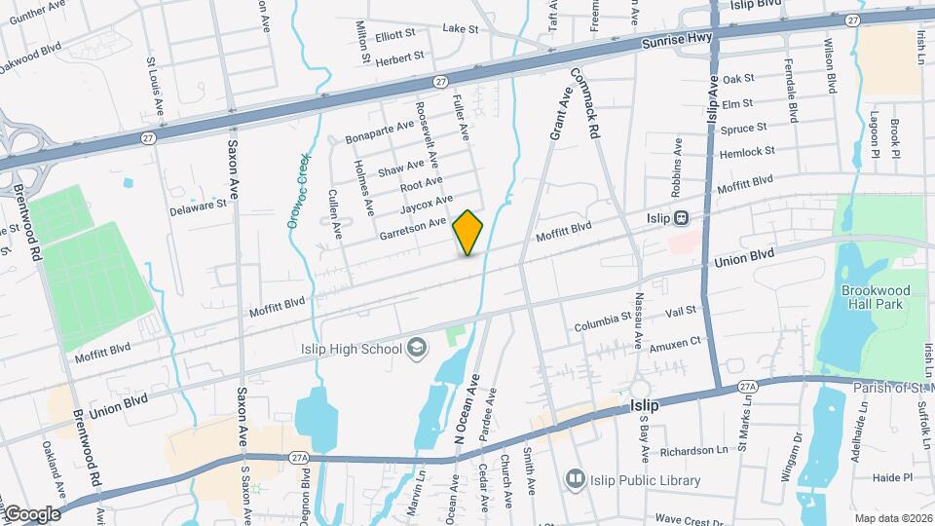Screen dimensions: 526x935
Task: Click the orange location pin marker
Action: pos(468,232)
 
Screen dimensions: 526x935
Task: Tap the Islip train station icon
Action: pos(683,218)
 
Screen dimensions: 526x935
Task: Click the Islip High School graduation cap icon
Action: pos(417,349)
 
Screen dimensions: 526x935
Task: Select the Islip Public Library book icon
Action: pos(576,479)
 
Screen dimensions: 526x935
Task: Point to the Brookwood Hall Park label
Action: pos(874,297)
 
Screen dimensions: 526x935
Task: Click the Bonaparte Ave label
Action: pos(379,133)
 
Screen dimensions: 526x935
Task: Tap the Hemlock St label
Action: pos(747,152)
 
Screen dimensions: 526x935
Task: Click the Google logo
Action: pos(31,513)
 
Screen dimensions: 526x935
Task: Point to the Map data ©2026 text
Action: pos(893,519)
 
